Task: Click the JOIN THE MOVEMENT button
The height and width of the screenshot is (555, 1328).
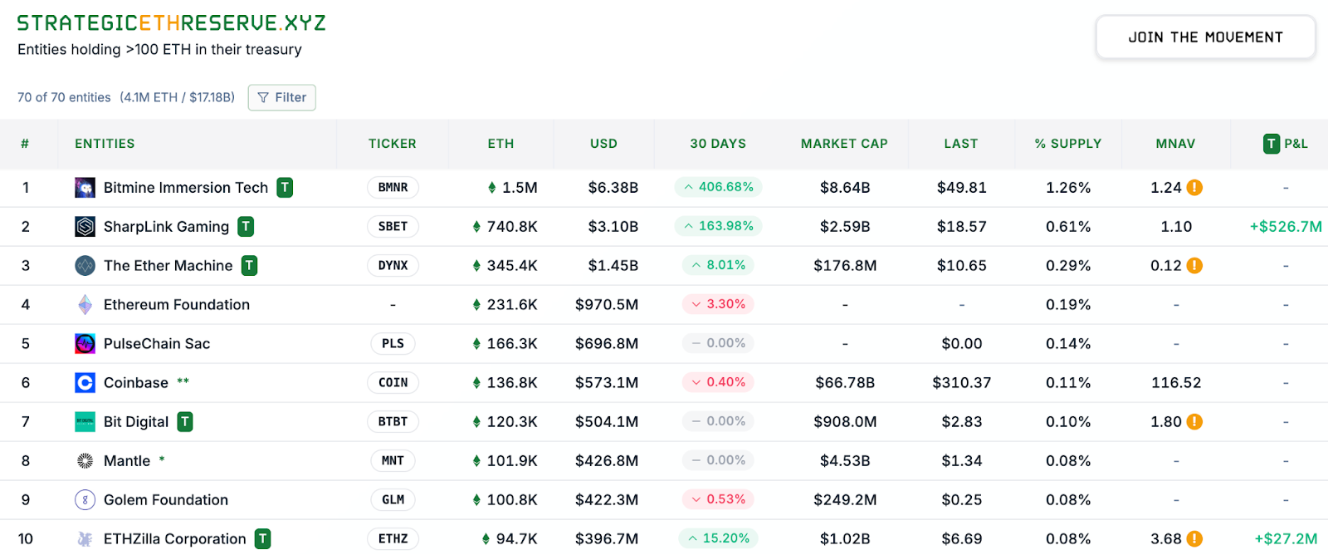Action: pos(1205,37)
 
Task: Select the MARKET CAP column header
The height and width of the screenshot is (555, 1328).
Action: pos(844,144)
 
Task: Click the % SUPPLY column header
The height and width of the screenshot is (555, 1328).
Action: pos(1067,144)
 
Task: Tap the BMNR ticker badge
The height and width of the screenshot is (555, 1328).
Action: pos(393,188)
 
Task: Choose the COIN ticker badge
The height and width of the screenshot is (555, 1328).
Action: pos(393,383)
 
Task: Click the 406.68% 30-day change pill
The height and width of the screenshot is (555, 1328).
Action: pos(718,187)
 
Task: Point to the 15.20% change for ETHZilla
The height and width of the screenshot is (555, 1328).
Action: pos(718,538)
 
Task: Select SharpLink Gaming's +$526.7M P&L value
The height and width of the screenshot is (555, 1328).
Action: pos(1285,227)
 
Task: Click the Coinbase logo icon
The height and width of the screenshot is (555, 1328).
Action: pos(85,383)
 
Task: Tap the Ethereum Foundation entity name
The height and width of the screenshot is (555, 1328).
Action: pos(176,305)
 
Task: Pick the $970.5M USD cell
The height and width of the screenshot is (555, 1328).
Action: pos(606,305)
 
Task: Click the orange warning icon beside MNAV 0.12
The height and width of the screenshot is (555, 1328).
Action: pos(1194,266)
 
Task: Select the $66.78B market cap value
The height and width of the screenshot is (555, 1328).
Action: pos(844,383)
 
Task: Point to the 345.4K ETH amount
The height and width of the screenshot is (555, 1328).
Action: pos(511,266)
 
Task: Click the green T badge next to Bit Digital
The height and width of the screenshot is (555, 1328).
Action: pos(185,422)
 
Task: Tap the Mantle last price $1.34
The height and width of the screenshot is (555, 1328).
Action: pos(961,461)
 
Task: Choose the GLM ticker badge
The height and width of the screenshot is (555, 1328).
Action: pos(393,500)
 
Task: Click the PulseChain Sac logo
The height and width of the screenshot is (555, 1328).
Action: pos(85,344)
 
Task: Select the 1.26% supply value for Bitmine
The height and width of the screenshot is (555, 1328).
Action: pos(1067,188)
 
